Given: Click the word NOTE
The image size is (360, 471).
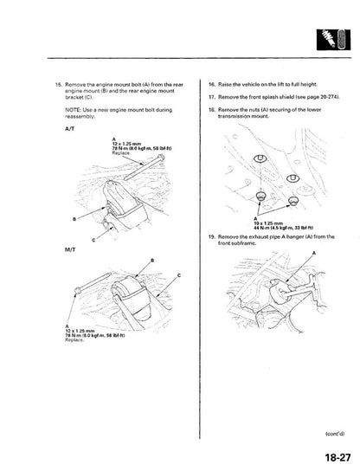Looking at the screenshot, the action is click(x=74, y=110).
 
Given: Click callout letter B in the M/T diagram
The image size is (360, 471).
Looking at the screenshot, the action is click(x=152, y=235).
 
